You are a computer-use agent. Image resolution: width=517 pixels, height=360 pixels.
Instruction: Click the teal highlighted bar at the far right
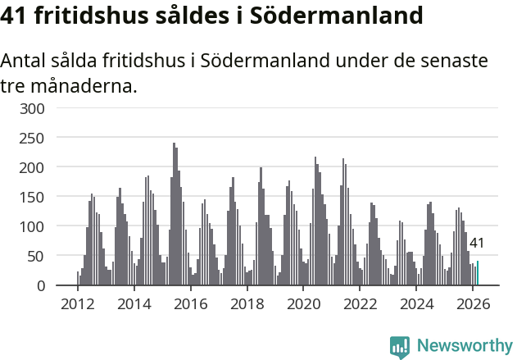point(478,273)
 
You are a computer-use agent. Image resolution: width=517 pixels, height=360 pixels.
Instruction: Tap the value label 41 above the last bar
point(477,243)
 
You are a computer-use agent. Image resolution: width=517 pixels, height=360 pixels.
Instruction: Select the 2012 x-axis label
point(78,304)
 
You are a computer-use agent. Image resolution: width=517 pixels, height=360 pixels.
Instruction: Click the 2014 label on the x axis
point(134,304)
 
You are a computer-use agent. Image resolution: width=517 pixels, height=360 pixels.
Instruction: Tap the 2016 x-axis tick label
point(191,304)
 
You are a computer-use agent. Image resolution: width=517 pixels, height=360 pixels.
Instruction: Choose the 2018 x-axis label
point(247,304)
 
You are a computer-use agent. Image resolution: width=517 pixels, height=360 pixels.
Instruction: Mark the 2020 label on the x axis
point(303,304)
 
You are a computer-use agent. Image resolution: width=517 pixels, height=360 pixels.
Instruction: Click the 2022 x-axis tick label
point(360,304)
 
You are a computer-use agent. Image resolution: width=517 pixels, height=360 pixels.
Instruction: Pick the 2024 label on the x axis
point(416,304)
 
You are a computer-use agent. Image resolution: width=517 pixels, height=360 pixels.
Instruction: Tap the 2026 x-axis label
point(473,304)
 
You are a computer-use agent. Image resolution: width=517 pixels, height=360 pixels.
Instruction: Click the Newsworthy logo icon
point(400,346)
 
